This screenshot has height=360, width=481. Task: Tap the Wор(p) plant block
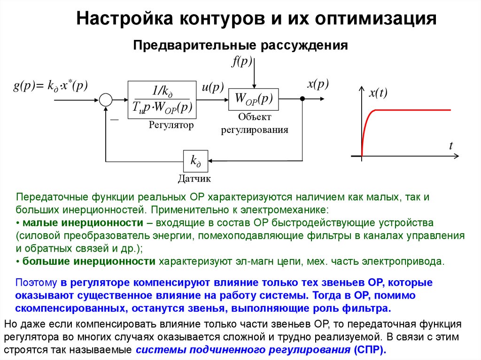(253, 99)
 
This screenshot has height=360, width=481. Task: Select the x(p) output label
(318, 84)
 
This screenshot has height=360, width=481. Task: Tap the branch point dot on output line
(303, 99)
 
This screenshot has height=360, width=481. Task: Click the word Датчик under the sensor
(194, 179)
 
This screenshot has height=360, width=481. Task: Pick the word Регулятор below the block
(171, 125)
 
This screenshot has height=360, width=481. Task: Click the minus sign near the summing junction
(114, 120)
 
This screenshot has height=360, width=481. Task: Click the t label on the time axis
(450, 146)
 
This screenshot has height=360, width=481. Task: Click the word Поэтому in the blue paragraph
(36, 283)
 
